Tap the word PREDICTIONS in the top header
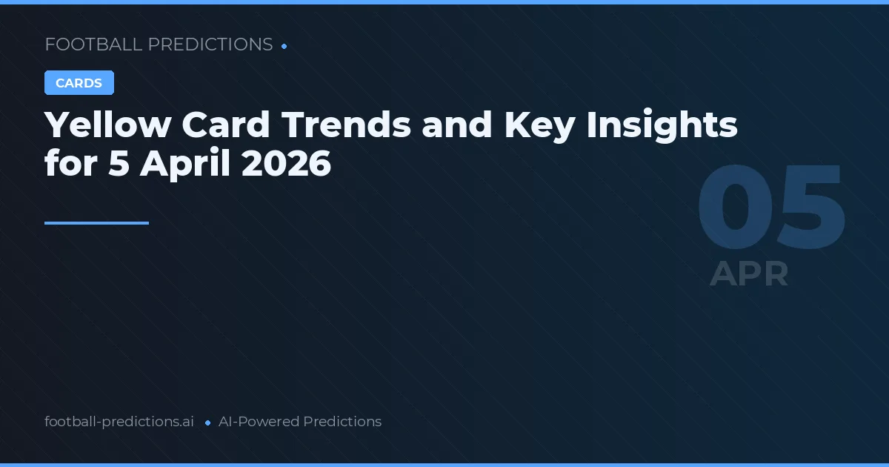pyautogui.click(x=210, y=44)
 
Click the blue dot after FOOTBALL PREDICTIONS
pyautogui.click(x=284, y=46)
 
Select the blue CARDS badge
pyautogui.click(x=79, y=83)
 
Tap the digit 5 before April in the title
pyautogui.click(x=119, y=163)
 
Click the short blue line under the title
pyautogui.click(x=96, y=222)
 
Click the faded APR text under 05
pyautogui.click(x=749, y=274)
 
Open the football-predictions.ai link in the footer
pyautogui.click(x=119, y=422)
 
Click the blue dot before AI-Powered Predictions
pyautogui.click(x=207, y=423)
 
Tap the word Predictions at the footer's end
pyautogui.click(x=342, y=422)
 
